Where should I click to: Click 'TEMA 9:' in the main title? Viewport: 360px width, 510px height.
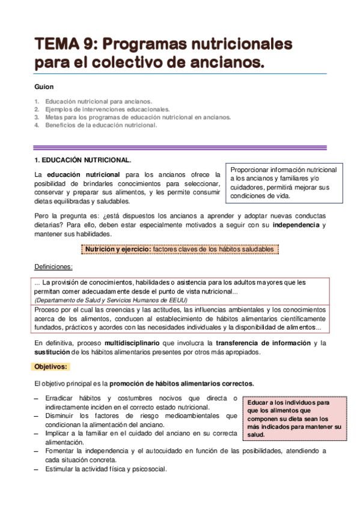pos(67,44)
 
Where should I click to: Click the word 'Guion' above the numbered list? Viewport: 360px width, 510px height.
pos(44,87)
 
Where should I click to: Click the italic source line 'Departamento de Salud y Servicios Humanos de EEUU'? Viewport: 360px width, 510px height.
pos(111,300)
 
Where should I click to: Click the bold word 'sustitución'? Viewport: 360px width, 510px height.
pos(52,352)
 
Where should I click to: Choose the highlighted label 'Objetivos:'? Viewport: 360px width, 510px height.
pos(51,366)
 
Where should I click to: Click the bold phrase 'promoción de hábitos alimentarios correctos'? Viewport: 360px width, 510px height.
pos(182,383)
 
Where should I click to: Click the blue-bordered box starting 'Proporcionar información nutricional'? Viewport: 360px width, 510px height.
pos(284,183)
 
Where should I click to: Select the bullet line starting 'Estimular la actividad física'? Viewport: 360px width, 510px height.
pos(105,469)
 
